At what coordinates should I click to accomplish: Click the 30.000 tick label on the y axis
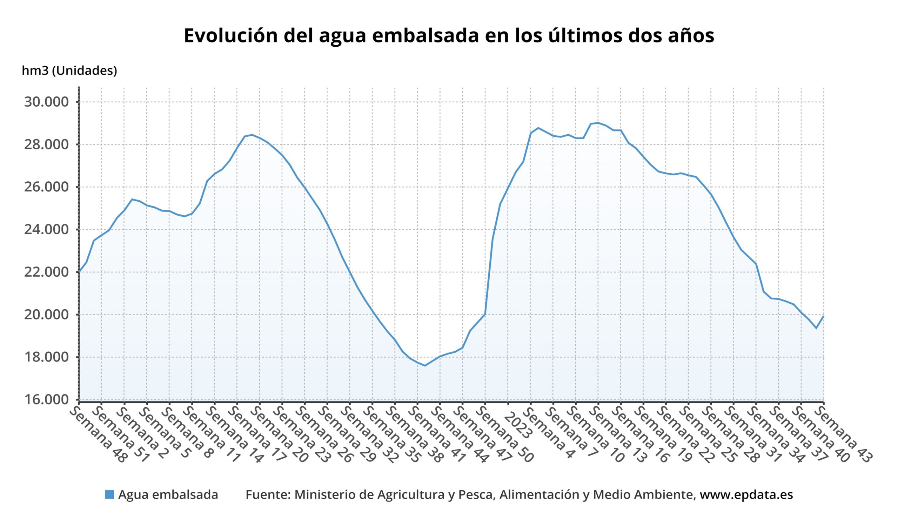pos(46,102)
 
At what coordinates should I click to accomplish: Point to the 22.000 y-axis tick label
pos(46,272)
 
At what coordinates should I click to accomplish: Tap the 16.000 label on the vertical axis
pos(46,400)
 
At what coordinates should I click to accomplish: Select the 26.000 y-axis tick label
pos(46,187)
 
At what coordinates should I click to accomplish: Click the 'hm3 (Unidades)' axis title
pos(69,71)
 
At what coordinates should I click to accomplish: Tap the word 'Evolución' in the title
pos(230,36)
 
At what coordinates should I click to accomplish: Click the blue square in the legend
pos(109,495)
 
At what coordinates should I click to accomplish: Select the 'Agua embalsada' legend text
pos(168,495)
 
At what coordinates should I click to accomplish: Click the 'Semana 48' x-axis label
pos(98,434)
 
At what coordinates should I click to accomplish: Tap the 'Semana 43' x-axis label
pos(843,434)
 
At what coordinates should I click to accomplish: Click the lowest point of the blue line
pos(424,365)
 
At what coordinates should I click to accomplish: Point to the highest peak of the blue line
pos(598,123)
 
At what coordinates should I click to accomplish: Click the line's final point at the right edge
pos(824,316)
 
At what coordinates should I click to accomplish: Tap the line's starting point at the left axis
pos(79,272)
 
